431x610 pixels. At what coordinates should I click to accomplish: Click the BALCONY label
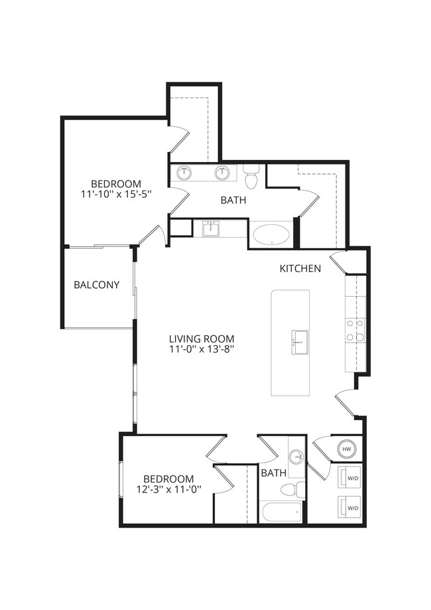[96, 285]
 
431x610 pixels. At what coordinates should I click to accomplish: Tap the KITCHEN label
[300, 269]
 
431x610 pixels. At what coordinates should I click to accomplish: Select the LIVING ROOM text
[201, 338]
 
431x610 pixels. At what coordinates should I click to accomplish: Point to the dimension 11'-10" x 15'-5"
[116, 194]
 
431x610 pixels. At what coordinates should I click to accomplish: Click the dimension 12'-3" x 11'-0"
[168, 489]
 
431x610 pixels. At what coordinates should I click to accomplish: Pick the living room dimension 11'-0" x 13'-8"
[201, 348]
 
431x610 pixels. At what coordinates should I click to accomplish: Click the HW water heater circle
[346, 449]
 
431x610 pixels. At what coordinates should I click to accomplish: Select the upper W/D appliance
[350, 478]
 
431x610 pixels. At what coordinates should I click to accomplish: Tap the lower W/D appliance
[350, 508]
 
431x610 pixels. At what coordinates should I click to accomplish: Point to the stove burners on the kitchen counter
[355, 330]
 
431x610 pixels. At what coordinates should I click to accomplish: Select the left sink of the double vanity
[184, 173]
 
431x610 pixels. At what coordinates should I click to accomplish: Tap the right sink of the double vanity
[221, 173]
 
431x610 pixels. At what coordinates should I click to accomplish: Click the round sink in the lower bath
[296, 457]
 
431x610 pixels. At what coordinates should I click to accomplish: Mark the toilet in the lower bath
[290, 490]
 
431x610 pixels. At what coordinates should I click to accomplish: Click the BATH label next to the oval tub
[234, 200]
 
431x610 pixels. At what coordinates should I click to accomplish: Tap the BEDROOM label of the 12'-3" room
[168, 479]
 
